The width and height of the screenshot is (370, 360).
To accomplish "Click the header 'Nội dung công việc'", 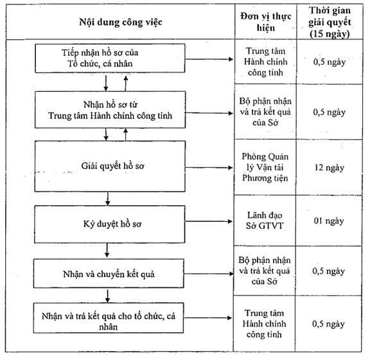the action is (121, 22).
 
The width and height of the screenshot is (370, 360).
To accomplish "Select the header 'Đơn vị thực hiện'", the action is (266, 22).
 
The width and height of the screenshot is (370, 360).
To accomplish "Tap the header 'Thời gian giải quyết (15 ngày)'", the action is (330, 22).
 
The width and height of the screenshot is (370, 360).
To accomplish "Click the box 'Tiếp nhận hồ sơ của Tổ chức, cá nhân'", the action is (110, 58).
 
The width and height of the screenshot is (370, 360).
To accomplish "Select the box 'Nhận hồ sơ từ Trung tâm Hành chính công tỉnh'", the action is (110, 110).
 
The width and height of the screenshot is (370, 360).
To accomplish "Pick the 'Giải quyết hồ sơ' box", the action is (110, 166).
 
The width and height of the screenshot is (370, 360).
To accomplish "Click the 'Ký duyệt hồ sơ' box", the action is (110, 224).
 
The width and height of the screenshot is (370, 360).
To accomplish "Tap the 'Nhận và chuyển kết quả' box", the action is (109, 274).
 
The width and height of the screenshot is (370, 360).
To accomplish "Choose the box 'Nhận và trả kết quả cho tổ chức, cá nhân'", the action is (109, 318).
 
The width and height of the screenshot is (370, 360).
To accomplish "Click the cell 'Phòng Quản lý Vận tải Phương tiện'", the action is (265, 167).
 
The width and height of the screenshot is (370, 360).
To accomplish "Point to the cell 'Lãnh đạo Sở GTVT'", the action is (265, 221).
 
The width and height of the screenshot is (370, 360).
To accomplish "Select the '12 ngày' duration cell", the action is (330, 168).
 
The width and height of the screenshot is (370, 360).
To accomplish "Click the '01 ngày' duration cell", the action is (329, 221).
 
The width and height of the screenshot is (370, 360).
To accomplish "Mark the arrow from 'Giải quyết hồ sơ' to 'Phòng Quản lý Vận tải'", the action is (209, 168).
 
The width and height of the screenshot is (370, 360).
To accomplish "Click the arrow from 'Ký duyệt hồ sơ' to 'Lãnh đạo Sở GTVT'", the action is (209, 221).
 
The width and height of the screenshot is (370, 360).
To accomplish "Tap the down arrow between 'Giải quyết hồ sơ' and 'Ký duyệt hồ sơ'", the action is (108, 199).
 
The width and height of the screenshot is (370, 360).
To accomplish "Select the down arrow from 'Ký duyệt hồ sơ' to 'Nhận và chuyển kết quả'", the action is (107, 250).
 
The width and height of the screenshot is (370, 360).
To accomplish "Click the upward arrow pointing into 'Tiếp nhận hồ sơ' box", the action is (126, 84).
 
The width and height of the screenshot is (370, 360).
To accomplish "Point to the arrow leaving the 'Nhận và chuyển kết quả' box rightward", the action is (209, 274).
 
